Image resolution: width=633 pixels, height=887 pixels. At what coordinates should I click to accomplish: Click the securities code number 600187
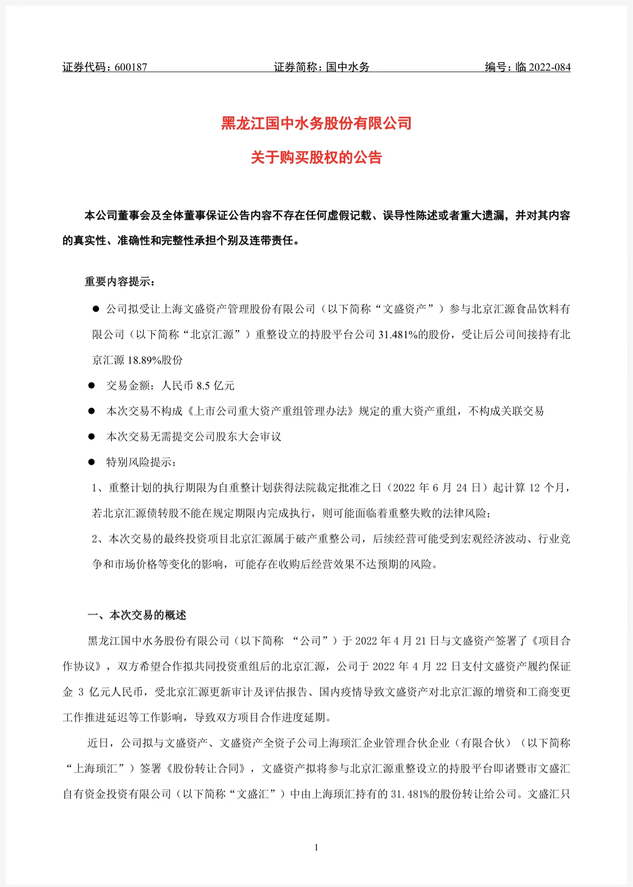[x=131, y=67]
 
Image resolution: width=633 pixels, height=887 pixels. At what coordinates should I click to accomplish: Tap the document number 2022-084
[x=549, y=67]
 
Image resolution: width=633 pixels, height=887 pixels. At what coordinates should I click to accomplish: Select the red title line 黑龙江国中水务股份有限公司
[x=316, y=123]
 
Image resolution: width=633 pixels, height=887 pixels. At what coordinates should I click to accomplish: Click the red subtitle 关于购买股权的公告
[x=316, y=158]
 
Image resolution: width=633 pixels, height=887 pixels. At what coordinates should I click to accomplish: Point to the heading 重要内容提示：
[x=121, y=282]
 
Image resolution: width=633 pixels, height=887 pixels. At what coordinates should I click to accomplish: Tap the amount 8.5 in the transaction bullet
[x=203, y=386]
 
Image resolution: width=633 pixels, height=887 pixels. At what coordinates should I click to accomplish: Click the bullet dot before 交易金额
[x=91, y=386]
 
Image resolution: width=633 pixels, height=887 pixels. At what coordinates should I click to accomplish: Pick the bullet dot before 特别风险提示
[x=91, y=462]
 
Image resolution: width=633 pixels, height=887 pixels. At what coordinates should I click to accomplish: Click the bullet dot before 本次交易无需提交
[x=91, y=437]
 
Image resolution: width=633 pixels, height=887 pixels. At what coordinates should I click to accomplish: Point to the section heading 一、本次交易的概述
[x=137, y=616]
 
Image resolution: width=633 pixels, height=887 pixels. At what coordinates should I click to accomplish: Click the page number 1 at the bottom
[x=316, y=847]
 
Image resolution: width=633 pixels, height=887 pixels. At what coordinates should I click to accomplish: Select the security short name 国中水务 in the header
[x=348, y=67]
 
